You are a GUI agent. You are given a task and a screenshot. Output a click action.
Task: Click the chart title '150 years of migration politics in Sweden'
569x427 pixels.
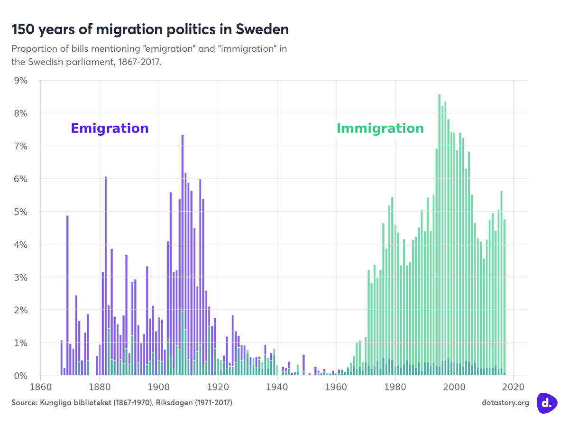(150, 29)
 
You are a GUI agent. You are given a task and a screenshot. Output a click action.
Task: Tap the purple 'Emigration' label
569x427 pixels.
(110, 129)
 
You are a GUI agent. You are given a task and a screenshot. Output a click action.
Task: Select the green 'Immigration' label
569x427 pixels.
(380, 129)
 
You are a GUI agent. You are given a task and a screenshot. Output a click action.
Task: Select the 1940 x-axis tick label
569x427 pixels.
(277, 386)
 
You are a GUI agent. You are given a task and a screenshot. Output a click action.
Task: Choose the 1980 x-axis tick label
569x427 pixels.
(395, 386)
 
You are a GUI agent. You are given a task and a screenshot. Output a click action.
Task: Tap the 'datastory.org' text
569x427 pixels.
(505, 402)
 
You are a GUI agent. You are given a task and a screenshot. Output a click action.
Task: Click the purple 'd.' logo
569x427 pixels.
(547, 403)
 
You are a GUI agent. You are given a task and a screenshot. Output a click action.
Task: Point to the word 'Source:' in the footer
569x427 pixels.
(24, 402)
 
